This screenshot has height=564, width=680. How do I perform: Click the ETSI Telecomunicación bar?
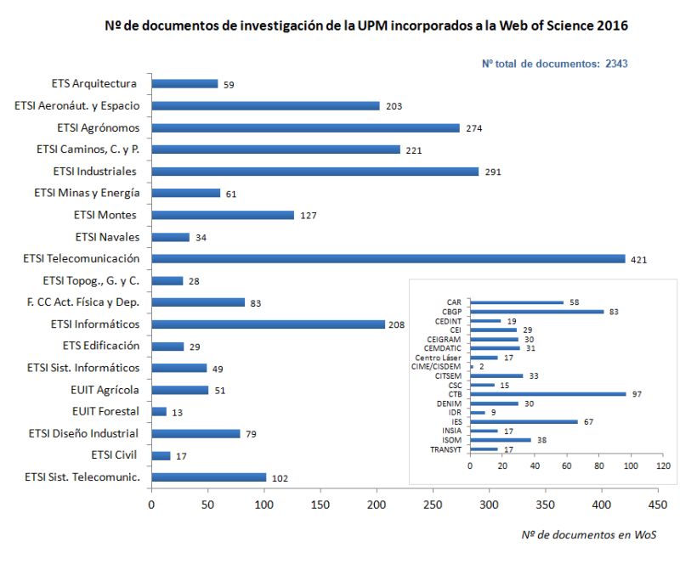388,258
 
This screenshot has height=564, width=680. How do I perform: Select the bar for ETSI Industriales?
314,171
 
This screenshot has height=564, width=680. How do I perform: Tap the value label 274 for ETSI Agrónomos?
473,127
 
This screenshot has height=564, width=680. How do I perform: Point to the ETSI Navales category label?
107,237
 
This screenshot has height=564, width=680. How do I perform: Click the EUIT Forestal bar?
159,412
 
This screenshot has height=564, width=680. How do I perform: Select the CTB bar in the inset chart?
547,394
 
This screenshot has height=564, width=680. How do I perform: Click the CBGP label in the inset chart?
452,312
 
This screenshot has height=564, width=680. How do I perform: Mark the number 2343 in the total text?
616,63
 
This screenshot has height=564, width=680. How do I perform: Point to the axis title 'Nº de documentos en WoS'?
588,534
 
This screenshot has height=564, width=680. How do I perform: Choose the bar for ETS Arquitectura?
184,83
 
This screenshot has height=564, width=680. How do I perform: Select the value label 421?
639,259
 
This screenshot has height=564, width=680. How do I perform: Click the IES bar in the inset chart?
524,421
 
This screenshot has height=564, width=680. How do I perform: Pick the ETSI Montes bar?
223,215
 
